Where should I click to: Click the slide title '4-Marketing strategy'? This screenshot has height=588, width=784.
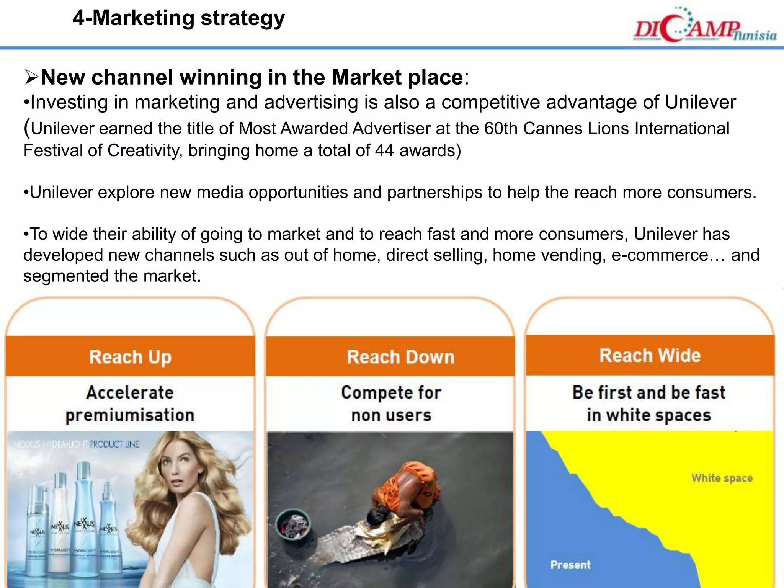click(x=179, y=18)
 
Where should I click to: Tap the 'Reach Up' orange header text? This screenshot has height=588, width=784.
click(x=130, y=357)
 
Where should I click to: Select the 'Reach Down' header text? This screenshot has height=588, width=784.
click(x=400, y=357)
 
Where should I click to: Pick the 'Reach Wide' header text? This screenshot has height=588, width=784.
click(x=650, y=355)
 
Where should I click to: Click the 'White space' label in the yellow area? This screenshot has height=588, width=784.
click(x=722, y=478)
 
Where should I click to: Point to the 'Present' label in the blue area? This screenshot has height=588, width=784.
click(x=570, y=565)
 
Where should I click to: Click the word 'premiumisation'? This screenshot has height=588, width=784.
click(x=130, y=415)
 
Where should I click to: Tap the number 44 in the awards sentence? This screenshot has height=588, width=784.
click(x=384, y=150)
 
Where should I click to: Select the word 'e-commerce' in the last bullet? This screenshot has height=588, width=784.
click(x=660, y=255)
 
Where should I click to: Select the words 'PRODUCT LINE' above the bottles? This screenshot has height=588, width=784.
click(x=114, y=444)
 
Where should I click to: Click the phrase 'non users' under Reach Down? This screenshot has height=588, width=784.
click(x=391, y=415)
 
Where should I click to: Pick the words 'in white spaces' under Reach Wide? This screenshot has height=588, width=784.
click(x=649, y=415)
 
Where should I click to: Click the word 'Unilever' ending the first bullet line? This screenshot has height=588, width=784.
click(x=700, y=103)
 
